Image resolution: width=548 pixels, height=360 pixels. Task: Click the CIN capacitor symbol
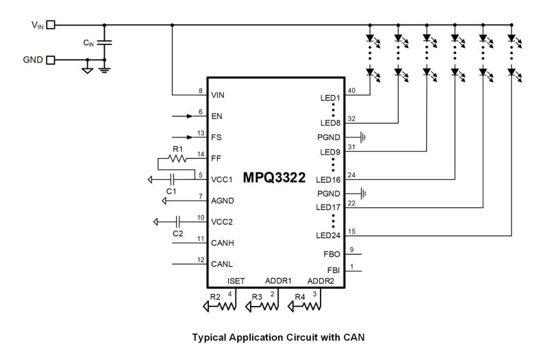click(x=103, y=42)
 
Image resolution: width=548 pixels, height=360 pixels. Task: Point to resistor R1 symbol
click(x=177, y=157)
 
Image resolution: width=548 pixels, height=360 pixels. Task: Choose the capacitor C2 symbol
click(x=177, y=221)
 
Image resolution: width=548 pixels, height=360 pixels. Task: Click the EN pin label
click(x=217, y=117)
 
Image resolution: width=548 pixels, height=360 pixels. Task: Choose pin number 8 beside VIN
click(x=200, y=90)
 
